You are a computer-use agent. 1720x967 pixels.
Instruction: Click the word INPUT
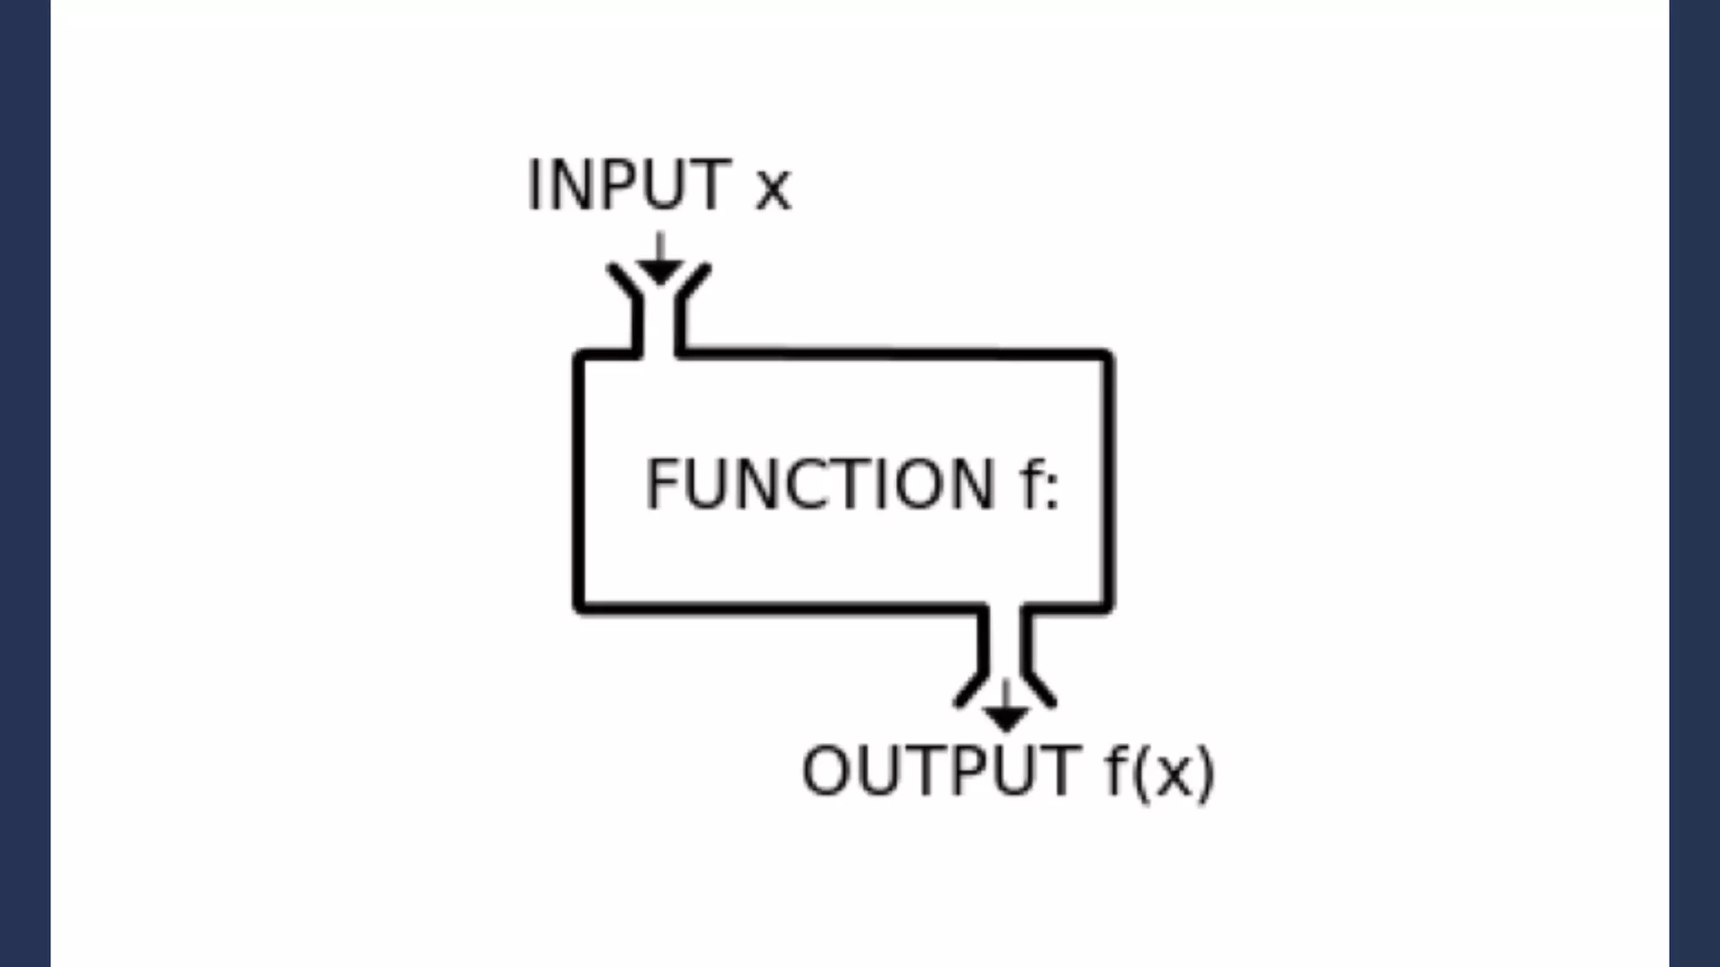point(629,185)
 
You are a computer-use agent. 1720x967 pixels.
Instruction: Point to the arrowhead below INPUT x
point(660,272)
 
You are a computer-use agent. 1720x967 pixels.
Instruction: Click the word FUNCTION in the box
point(820,484)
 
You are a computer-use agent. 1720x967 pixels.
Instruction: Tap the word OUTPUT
point(941,770)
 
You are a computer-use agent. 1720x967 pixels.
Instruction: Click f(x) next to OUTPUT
point(1160,771)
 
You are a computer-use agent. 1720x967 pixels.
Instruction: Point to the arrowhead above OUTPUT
point(1005,719)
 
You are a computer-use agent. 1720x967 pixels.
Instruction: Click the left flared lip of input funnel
point(623,280)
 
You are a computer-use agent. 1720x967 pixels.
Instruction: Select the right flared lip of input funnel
point(695,280)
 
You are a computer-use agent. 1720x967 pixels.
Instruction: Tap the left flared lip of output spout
point(969,690)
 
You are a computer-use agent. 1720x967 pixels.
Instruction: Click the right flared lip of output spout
point(1041,690)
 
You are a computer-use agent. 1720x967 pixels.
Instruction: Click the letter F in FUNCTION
point(663,484)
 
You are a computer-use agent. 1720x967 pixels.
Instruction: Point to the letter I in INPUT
point(533,185)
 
